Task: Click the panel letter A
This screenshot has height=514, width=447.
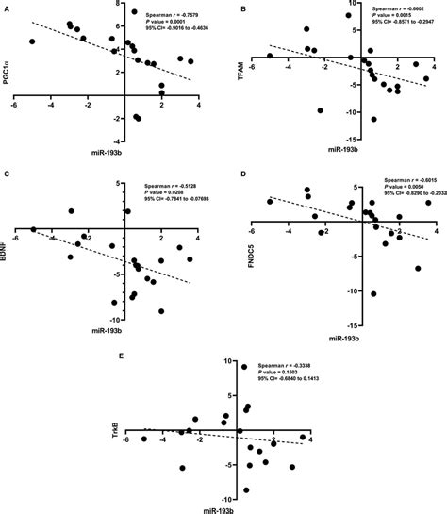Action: click(8, 8)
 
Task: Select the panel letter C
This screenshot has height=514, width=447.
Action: click(8, 174)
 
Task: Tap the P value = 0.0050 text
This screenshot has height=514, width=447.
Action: click(394, 188)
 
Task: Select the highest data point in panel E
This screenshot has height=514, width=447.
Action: click(244, 366)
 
